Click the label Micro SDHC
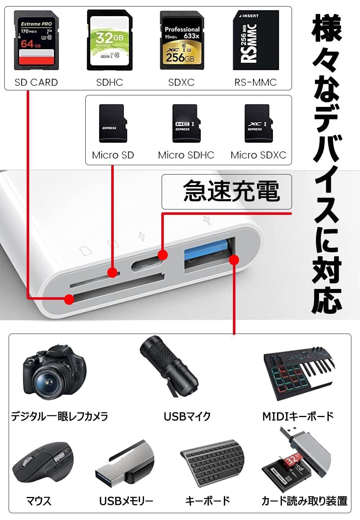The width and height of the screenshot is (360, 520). pyautogui.click(x=186, y=155)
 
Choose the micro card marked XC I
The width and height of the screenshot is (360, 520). pyautogui.click(x=258, y=123)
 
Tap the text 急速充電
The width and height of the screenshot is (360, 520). pyautogui.click(x=231, y=191)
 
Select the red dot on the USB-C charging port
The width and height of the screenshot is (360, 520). pyautogui.click(x=163, y=255)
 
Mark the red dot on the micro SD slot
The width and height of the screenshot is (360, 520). pyautogui.click(x=113, y=272)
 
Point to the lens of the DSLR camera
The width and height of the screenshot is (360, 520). pyautogui.click(x=48, y=381)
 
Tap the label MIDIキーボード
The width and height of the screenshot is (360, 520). pyautogui.click(x=298, y=416)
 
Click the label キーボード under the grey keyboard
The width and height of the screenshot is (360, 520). pyautogui.click(x=208, y=501)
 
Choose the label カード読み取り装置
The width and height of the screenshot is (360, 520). pyautogui.click(x=305, y=501)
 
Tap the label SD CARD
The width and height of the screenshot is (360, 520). pyautogui.click(x=36, y=82)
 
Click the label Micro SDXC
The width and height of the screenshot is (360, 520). pyautogui.click(x=258, y=155)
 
